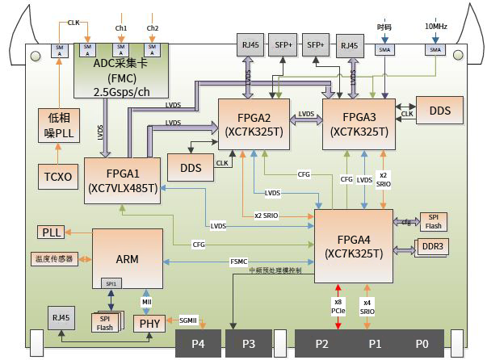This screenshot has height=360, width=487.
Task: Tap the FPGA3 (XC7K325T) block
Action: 359,122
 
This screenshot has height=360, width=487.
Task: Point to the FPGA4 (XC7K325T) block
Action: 353,245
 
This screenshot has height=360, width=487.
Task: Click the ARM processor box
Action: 128,260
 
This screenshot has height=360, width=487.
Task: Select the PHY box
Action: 149,323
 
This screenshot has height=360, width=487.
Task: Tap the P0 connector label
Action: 422,342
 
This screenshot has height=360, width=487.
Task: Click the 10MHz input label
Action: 436,27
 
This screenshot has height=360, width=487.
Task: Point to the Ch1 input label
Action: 121,28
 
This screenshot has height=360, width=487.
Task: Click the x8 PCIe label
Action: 338,307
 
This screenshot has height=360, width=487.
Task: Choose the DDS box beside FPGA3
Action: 439,110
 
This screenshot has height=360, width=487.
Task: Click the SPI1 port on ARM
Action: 108,283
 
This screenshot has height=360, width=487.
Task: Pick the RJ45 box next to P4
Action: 61,319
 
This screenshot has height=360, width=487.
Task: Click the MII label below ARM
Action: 146,301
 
